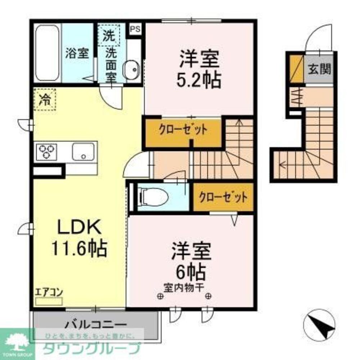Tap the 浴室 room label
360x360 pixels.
77,53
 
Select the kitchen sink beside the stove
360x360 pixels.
83,152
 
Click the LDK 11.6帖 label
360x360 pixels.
79,238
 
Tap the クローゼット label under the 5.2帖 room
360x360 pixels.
183,130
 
